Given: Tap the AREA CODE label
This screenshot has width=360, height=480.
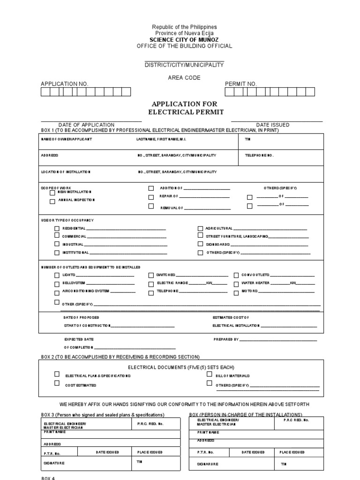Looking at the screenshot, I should tap(184, 77).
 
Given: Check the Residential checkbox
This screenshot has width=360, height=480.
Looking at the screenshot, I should tap(57, 228).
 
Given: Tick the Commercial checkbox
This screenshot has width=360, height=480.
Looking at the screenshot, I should tap(57, 236).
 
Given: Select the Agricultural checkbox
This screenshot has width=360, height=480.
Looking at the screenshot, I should tap(200, 228).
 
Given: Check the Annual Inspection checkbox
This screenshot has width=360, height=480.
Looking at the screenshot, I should tap(52, 202).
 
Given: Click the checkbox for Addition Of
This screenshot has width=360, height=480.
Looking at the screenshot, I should tap(151, 188).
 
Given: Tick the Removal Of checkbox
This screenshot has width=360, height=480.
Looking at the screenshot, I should tap(151, 206).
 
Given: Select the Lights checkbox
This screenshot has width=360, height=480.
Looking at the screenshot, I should tap(57, 275).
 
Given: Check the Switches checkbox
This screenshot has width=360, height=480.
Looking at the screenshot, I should tap(151, 275).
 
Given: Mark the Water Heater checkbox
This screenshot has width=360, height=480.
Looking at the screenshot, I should tap(236, 284).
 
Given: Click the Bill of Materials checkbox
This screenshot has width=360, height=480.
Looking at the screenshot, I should tap(209, 374).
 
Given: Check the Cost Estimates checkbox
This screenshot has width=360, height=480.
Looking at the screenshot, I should tap(57, 383).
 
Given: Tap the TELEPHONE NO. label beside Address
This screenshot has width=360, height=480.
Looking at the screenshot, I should tap(259, 155).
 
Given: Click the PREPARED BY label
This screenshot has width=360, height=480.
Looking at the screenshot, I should tap(226, 339).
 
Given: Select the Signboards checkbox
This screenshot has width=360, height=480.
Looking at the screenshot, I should tap(200, 244).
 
